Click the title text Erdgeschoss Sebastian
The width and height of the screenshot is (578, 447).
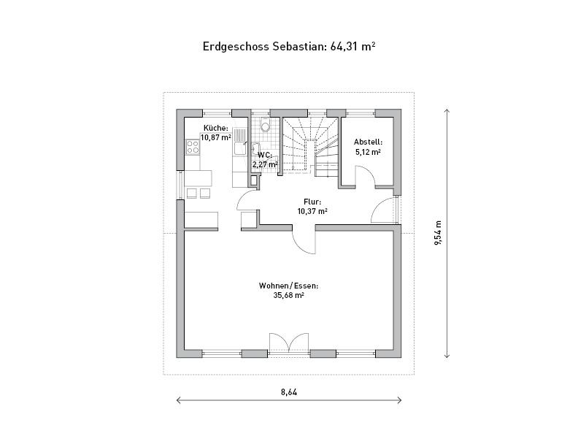(x=264, y=47)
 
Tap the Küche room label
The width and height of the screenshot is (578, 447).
(x=215, y=128)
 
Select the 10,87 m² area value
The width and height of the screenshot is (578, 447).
(x=215, y=137)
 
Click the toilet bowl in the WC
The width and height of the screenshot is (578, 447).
(x=265, y=125)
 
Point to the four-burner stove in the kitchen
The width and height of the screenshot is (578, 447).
(x=193, y=146)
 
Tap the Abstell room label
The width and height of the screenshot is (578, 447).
(x=368, y=142)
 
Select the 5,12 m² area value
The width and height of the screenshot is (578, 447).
(x=368, y=152)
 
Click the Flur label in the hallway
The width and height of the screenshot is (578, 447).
(x=312, y=202)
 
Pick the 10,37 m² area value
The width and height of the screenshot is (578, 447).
(x=312, y=211)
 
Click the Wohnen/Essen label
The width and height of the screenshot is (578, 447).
(x=288, y=286)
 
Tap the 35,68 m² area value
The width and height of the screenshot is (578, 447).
(x=288, y=295)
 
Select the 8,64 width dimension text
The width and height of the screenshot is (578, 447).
(x=289, y=391)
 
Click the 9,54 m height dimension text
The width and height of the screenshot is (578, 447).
(x=438, y=233)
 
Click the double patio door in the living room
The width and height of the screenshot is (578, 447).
(x=288, y=342)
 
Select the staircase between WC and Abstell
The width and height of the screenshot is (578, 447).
(x=310, y=145)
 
